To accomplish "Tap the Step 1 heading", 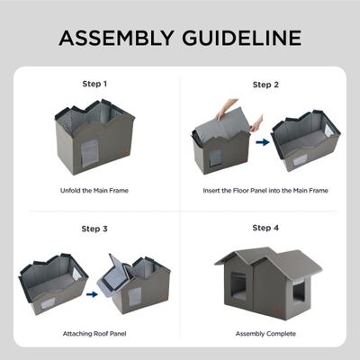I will pos(94,84).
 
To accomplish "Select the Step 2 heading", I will pos(265,85).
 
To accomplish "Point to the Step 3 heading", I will pos(94,228).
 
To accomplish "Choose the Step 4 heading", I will pos(265,228).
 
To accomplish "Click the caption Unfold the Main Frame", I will pos(94,191).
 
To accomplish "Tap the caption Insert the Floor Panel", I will pos(265,191).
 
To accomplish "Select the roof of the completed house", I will pos(270,259).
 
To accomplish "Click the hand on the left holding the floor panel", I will pos(208,106).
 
